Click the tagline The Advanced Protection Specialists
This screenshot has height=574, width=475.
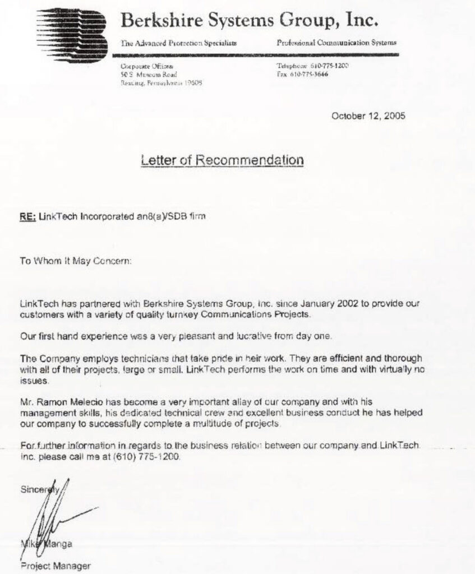(x=178, y=43)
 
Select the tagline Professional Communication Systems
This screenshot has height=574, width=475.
(x=336, y=43)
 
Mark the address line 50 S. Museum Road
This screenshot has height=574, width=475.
(x=149, y=74)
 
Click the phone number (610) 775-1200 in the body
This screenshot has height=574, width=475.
(x=147, y=457)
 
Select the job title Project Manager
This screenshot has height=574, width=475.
(x=56, y=566)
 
